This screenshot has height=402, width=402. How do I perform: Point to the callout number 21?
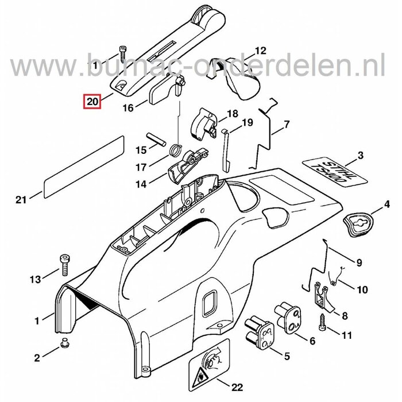tap(21, 200)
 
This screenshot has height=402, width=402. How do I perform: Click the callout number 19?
tap(247, 122)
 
